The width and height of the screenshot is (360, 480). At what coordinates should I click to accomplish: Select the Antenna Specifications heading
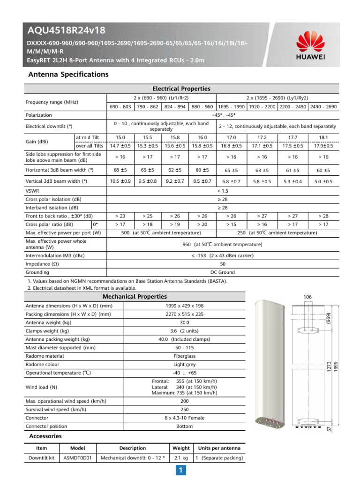pos(68,75)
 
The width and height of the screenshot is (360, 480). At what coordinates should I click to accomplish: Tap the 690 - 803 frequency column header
pos(120,106)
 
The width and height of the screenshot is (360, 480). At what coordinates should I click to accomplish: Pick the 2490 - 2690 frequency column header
pos(323,106)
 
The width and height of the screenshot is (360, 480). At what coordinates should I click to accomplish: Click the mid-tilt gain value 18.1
pos(323,137)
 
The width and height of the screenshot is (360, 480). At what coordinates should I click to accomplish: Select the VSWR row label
pos(33,191)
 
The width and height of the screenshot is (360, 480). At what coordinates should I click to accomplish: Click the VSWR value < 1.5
pos(223,191)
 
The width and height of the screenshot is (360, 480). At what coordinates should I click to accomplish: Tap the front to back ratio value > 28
pos(323,216)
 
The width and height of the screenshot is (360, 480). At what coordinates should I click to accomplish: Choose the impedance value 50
pos(223,264)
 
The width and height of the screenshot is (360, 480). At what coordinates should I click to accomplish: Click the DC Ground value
pos(223,272)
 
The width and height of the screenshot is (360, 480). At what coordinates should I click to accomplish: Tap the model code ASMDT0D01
pos(77,457)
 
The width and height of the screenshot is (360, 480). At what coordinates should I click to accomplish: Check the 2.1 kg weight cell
pos(181,457)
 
